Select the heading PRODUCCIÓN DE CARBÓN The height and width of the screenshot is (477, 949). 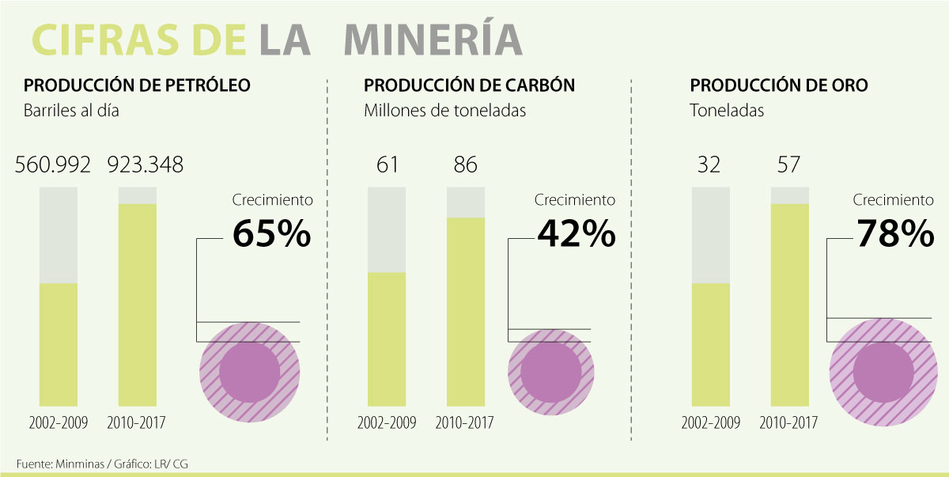point(469,85)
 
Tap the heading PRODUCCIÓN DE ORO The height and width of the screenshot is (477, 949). point(779,85)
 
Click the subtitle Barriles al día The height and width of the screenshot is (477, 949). point(71,111)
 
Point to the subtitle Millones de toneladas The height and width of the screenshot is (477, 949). point(444,111)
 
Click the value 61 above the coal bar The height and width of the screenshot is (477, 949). point(387,165)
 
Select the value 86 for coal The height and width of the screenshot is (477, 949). point(466,165)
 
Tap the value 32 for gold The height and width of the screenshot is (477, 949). point(710,165)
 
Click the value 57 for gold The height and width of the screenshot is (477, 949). point(788,165)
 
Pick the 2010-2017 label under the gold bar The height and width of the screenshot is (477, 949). point(788,422)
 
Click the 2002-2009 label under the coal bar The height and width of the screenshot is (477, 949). point(387,422)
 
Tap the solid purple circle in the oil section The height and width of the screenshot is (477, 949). point(249,371)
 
